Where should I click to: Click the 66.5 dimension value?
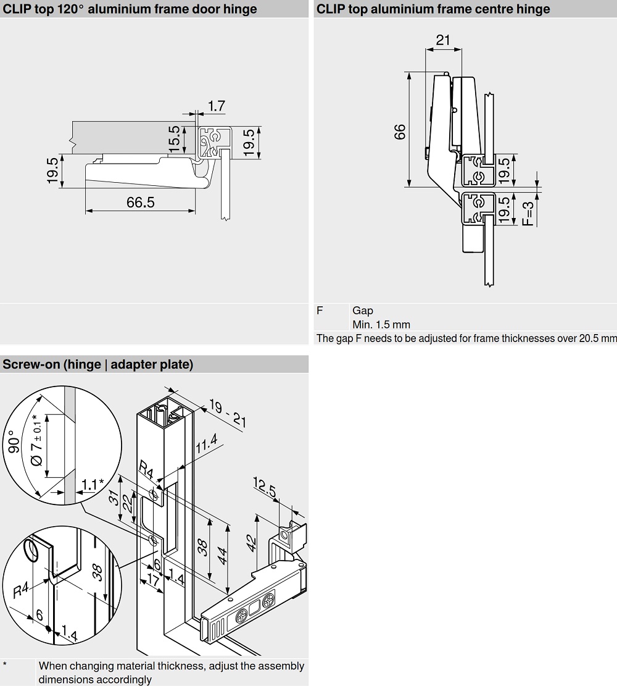[141, 203]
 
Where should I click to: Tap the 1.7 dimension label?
[216, 106]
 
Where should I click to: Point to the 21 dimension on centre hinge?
[443, 40]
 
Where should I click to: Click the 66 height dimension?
[400, 131]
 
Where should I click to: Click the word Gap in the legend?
[363, 311]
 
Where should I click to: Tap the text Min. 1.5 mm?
[381, 325]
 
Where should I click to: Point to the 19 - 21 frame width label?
[228, 414]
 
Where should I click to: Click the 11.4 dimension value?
[206, 446]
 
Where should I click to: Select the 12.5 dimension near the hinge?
[267, 488]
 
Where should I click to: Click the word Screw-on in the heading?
[32, 364]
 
